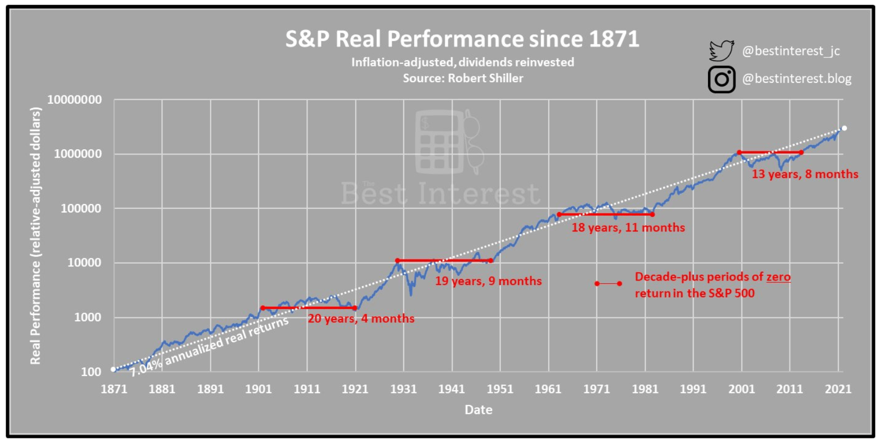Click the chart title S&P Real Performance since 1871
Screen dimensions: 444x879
tap(462, 39)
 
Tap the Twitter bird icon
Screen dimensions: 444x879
tap(721, 51)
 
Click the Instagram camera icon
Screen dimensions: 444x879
tap(721, 80)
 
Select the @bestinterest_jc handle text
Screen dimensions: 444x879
tap(790, 51)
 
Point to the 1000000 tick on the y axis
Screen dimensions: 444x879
tap(78, 154)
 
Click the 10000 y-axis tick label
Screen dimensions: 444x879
tap(84, 263)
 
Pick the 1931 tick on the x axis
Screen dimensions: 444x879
tap(403, 389)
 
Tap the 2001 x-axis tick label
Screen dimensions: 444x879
tap(741, 389)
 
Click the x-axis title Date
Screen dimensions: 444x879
tap(478, 410)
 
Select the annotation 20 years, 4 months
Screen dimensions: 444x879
tap(361, 318)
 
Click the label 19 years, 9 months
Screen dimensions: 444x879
tap(488, 281)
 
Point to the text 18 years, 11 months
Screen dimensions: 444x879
tap(628, 228)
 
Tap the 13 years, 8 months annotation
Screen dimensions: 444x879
tap(805, 174)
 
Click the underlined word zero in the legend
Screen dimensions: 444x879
tap(778, 277)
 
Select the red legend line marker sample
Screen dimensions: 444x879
tap(608, 284)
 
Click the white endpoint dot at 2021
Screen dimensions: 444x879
tap(844, 128)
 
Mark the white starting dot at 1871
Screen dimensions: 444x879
tap(113, 370)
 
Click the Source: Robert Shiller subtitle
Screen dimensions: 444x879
tap(463, 79)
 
